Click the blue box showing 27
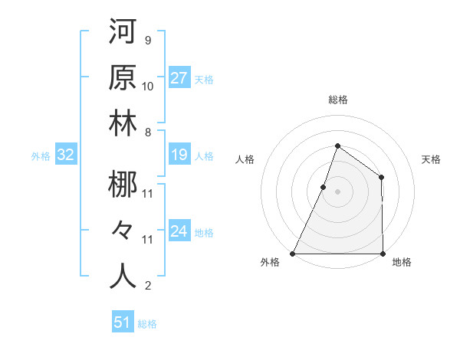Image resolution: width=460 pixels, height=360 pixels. pyautogui.click(x=179, y=78)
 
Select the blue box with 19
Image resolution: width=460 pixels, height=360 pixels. pyautogui.click(x=179, y=155)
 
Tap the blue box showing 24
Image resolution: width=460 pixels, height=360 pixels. pyautogui.click(x=179, y=231)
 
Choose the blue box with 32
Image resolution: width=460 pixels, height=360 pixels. pyautogui.click(x=65, y=155)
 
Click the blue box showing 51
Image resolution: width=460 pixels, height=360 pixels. pyautogui.click(x=123, y=322)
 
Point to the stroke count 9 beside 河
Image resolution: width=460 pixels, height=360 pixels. pyautogui.click(x=147, y=39)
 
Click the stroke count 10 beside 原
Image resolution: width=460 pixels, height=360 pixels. pyautogui.click(x=148, y=86)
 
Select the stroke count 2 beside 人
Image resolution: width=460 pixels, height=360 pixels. pyautogui.click(x=147, y=286)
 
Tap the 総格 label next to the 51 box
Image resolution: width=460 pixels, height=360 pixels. pyautogui.click(x=147, y=324)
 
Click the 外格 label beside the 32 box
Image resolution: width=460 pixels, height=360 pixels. pyautogui.click(x=41, y=156)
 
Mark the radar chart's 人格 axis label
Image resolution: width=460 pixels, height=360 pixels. pyautogui.click(x=245, y=160)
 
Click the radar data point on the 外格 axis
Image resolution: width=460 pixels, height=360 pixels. pyautogui.click(x=293, y=253)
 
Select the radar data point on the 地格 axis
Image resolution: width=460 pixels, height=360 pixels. pyautogui.click(x=383, y=253)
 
